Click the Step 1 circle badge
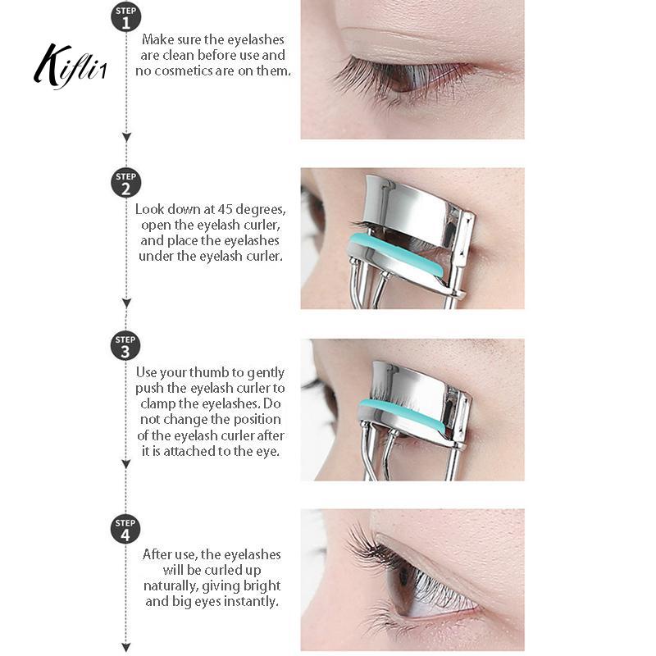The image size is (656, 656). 126,16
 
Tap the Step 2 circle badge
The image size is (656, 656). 126,183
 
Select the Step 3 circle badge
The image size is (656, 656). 125,346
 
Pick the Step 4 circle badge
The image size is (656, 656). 125,529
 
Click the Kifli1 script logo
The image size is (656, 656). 70,66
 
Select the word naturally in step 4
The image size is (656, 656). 171,586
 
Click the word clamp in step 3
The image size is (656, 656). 158,404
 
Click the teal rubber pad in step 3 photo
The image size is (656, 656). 403,414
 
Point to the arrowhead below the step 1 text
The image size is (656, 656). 126,137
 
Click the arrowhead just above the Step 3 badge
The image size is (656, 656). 126,303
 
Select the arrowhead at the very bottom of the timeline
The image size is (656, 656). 126,646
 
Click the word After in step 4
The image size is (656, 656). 157,554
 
